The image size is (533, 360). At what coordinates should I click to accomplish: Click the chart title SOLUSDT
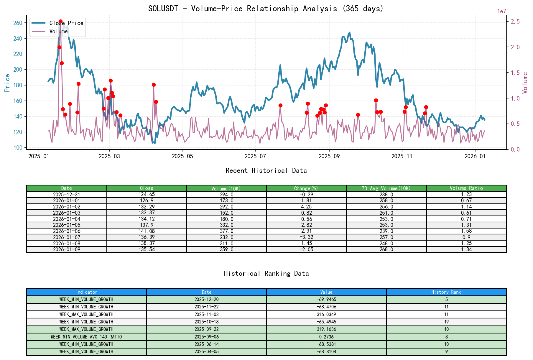[x=266, y=9]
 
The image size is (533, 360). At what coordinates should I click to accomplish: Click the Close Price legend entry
[x=66, y=23]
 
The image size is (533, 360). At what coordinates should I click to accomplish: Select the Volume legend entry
[x=58, y=31]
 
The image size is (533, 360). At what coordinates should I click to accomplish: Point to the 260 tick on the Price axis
[x=18, y=23]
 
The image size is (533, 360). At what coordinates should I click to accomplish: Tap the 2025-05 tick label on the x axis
[x=182, y=156]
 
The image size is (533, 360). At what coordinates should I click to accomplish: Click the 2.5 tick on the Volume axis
[x=515, y=22]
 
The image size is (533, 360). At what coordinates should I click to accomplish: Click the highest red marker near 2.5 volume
[x=60, y=22]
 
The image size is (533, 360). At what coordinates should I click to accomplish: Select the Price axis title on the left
[x=7, y=83]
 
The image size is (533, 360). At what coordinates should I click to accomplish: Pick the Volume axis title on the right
[x=525, y=83]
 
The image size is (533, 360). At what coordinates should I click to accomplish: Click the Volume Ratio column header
[x=466, y=188]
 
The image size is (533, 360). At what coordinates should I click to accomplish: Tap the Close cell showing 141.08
[x=147, y=231]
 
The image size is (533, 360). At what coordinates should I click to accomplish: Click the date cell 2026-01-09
[x=67, y=249]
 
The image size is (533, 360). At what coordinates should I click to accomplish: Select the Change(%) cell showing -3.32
[x=307, y=237]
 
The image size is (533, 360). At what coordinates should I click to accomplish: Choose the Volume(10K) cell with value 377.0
[x=226, y=231]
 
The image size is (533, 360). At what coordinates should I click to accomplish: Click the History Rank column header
[x=446, y=292]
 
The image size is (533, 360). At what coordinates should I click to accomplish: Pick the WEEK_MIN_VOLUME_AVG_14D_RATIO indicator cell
[x=86, y=337]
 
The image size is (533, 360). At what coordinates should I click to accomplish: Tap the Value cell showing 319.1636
[x=326, y=329]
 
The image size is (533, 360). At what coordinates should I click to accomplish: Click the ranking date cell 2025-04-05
[x=206, y=352]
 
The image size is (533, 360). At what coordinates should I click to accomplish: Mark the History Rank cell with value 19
[x=446, y=322]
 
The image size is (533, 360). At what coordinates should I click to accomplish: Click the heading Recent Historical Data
[x=266, y=171]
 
